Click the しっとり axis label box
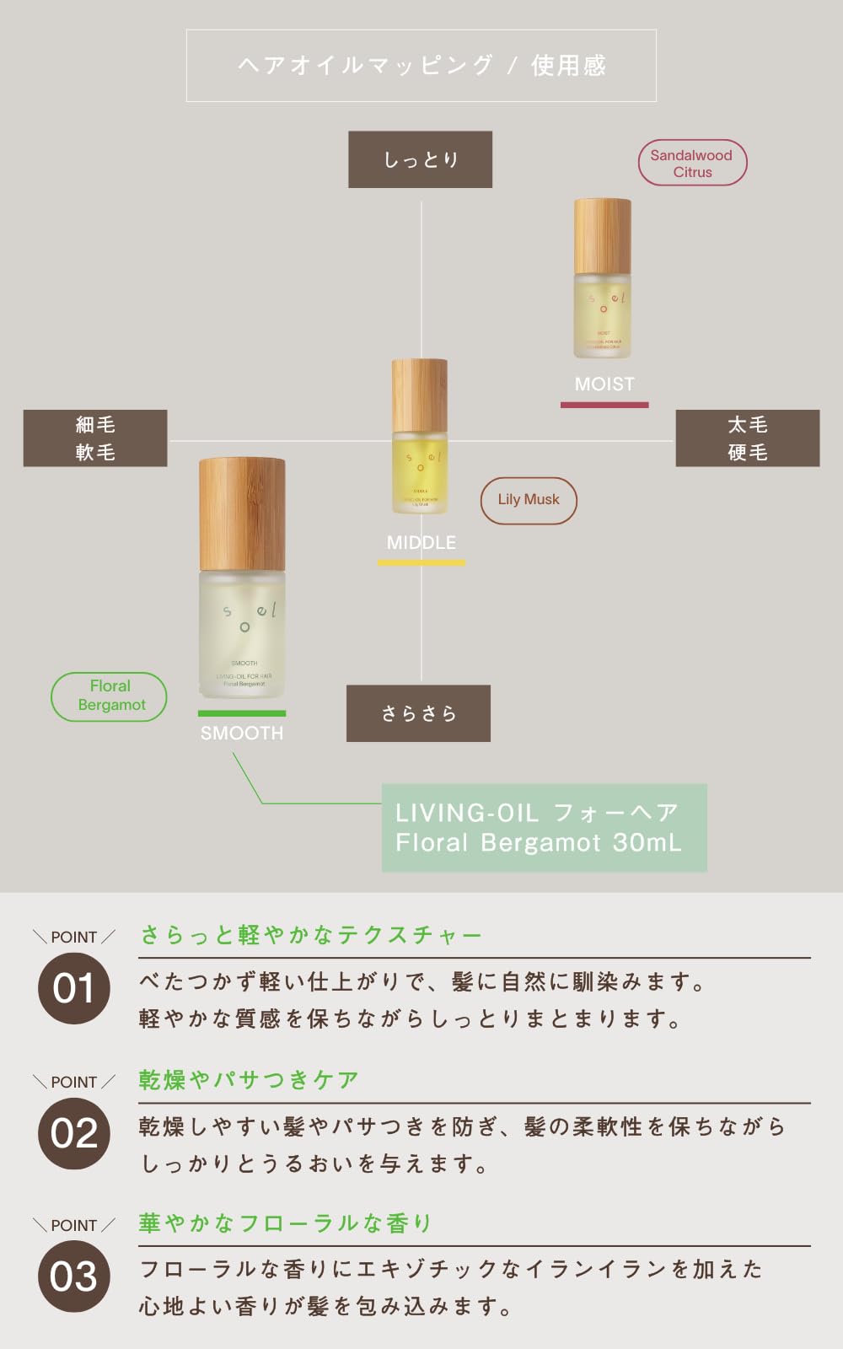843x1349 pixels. click(x=420, y=159)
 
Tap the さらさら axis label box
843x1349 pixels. click(x=418, y=713)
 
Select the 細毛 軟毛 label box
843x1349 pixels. click(x=95, y=438)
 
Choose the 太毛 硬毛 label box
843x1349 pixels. click(x=748, y=438)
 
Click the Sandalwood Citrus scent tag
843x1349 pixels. click(x=692, y=163)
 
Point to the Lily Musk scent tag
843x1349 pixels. click(x=529, y=500)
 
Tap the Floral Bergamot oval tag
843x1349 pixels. click(x=110, y=696)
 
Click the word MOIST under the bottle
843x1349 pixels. click(x=604, y=384)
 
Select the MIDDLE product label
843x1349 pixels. click(x=421, y=543)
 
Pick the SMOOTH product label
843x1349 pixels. click(x=242, y=734)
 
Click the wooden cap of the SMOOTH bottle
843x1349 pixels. click(x=242, y=514)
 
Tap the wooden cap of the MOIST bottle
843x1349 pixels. click(x=603, y=236)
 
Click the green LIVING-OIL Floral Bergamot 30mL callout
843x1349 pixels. click(x=544, y=828)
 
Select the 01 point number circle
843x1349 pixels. click(x=74, y=988)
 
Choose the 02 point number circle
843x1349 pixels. click(x=74, y=1133)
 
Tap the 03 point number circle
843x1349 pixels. click(x=74, y=1276)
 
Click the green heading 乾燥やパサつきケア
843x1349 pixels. click(x=249, y=1080)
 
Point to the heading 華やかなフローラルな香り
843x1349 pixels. click(x=285, y=1223)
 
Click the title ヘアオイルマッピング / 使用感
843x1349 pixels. click(x=421, y=66)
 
